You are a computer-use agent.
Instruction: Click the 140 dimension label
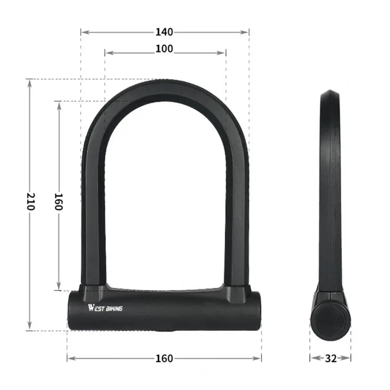click(x=164, y=32)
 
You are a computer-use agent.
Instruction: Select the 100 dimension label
click(x=164, y=49)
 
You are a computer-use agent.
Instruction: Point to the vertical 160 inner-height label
click(x=58, y=201)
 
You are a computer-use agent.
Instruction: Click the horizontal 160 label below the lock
click(x=164, y=358)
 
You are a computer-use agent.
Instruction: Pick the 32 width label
click(x=330, y=358)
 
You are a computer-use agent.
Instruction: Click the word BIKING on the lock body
click(x=112, y=309)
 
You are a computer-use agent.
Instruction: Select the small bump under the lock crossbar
click(x=164, y=332)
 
